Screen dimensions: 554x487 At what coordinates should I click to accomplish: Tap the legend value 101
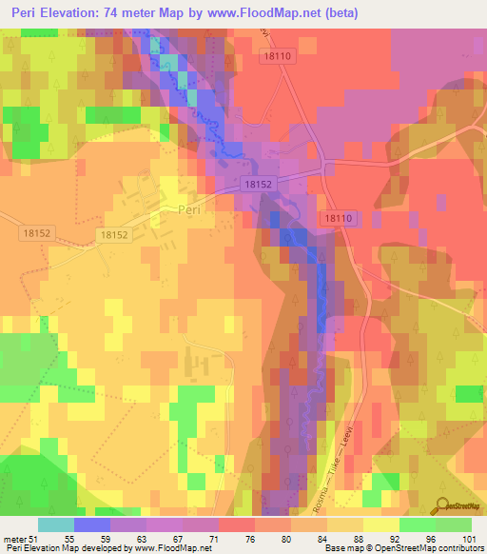pos(467,538)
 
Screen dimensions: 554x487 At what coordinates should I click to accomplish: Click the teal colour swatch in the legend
pos(56,524)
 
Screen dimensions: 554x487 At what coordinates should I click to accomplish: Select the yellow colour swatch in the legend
pos(381,524)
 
